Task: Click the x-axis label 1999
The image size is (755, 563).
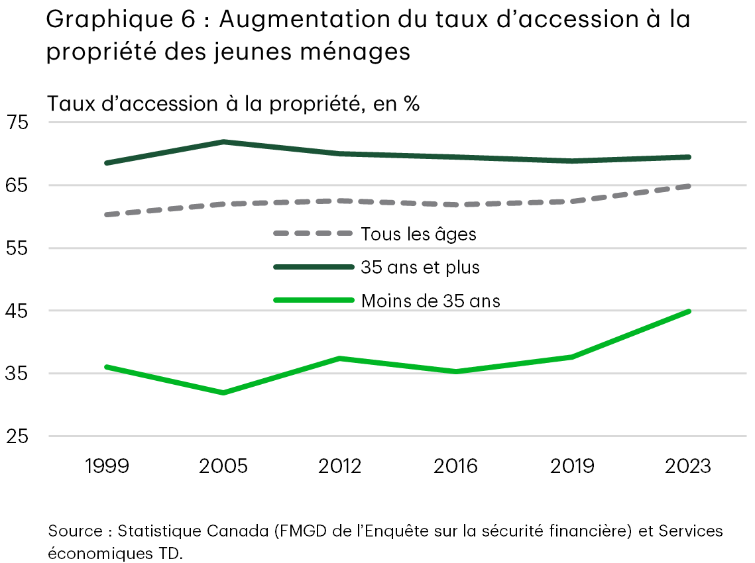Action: tap(107, 466)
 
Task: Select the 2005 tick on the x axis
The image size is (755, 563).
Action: tap(223, 466)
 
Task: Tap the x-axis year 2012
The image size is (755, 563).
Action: tap(340, 466)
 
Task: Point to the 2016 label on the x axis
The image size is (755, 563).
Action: tap(456, 466)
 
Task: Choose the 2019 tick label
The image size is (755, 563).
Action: tap(573, 466)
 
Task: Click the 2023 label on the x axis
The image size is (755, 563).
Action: tap(689, 466)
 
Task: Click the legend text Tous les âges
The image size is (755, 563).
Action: tap(418, 234)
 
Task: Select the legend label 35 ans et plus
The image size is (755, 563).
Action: tap(420, 267)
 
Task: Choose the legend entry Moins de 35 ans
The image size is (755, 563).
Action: tap(430, 301)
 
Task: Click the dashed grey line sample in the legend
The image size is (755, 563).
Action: tap(313, 233)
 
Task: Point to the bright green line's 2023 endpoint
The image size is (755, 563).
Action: tap(689, 311)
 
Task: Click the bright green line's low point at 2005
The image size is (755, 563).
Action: tap(223, 393)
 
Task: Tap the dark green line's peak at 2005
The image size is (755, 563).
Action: tap(223, 142)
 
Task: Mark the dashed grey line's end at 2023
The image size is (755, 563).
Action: tap(689, 186)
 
